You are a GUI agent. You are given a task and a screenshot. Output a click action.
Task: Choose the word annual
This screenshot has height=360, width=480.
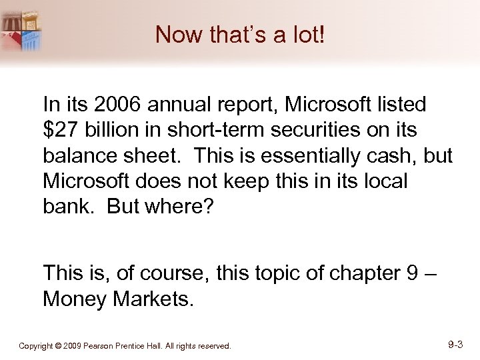pyautogui.click(x=179, y=105)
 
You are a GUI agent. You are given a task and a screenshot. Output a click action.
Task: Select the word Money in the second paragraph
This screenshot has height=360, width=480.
pyautogui.click(x=73, y=299)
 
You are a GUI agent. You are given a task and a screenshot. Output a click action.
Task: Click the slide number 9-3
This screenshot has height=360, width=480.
pyautogui.click(x=456, y=345)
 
